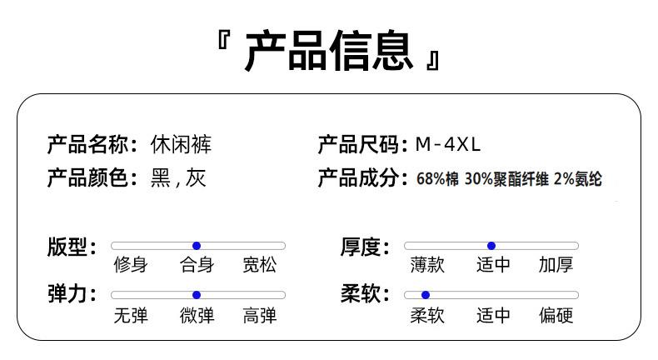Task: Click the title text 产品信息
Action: tap(328, 51)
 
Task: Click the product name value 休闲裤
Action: tap(181, 144)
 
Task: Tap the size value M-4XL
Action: tap(448, 144)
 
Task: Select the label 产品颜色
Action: tap(89, 178)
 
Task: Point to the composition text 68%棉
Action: tap(437, 179)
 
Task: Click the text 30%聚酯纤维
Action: tap(506, 179)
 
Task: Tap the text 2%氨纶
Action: tap(577, 179)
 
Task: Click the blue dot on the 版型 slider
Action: tap(197, 246)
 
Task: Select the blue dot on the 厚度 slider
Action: tap(491, 246)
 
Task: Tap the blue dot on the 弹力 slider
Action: tap(197, 295)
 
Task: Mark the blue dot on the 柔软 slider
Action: tap(426, 295)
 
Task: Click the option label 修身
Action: tap(131, 266)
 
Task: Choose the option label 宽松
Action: tap(260, 266)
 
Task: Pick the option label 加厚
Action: tap(556, 266)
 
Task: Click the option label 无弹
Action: tap(131, 316)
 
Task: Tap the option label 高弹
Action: tap(260, 316)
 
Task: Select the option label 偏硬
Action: tap(556, 316)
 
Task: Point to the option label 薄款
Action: tap(427, 266)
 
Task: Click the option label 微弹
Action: tap(197, 316)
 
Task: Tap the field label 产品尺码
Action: tap(359, 144)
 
